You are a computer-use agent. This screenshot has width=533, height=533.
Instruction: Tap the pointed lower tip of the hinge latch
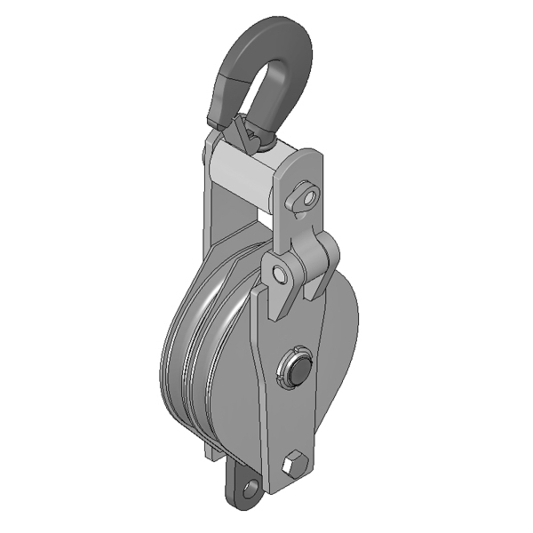tap(274, 317)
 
